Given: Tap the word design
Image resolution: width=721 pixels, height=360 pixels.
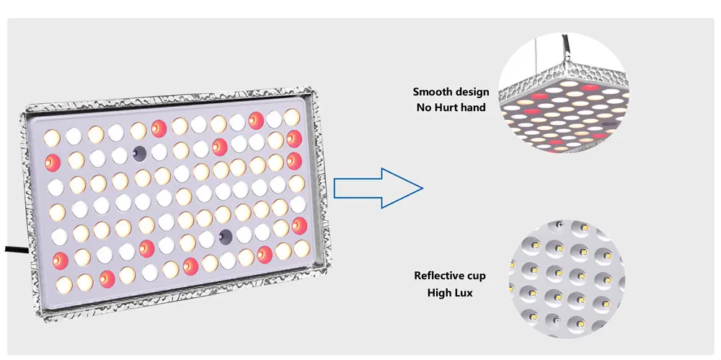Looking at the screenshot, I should (x=472, y=92).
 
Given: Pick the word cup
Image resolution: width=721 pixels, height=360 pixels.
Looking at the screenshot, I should (x=476, y=276).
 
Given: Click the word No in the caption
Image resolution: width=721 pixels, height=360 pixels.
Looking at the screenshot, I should (x=424, y=107).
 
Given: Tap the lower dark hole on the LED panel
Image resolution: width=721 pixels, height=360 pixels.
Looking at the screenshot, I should (x=226, y=235).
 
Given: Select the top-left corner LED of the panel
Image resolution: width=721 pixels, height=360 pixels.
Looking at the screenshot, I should (x=52, y=136).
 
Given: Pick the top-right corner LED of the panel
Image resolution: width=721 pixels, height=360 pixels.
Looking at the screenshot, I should (x=291, y=115).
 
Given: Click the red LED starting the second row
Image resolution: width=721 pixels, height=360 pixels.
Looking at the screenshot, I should (x=53, y=162).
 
